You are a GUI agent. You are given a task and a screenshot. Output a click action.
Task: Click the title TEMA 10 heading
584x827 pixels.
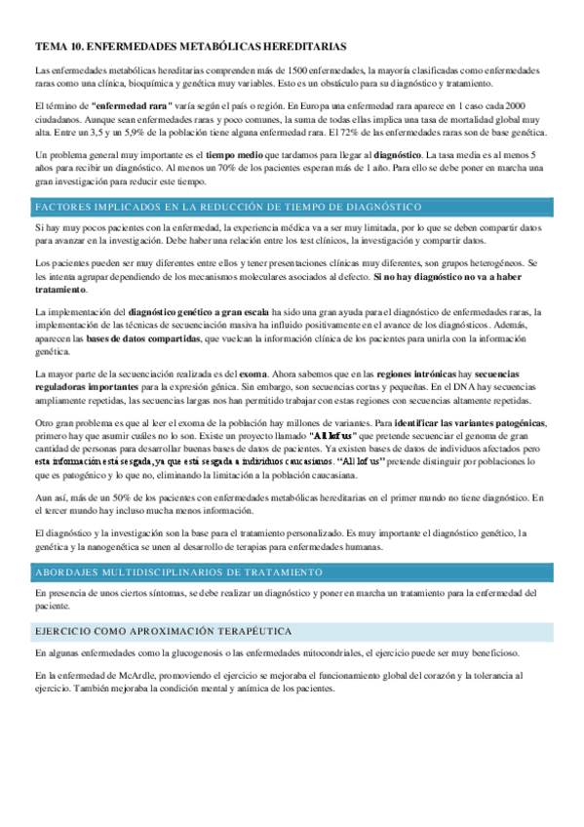click(190, 46)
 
